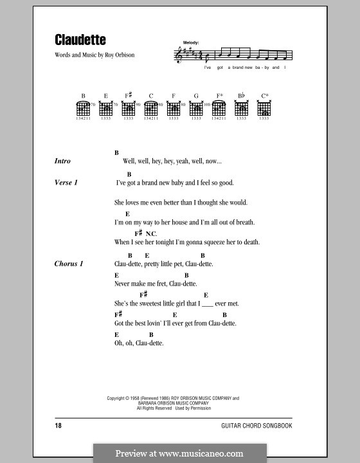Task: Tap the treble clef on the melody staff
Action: (179, 57)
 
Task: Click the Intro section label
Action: (62, 161)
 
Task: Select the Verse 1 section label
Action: (66, 183)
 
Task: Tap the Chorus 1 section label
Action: (69, 264)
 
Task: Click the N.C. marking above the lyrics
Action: (151, 233)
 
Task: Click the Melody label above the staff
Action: (191, 42)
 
